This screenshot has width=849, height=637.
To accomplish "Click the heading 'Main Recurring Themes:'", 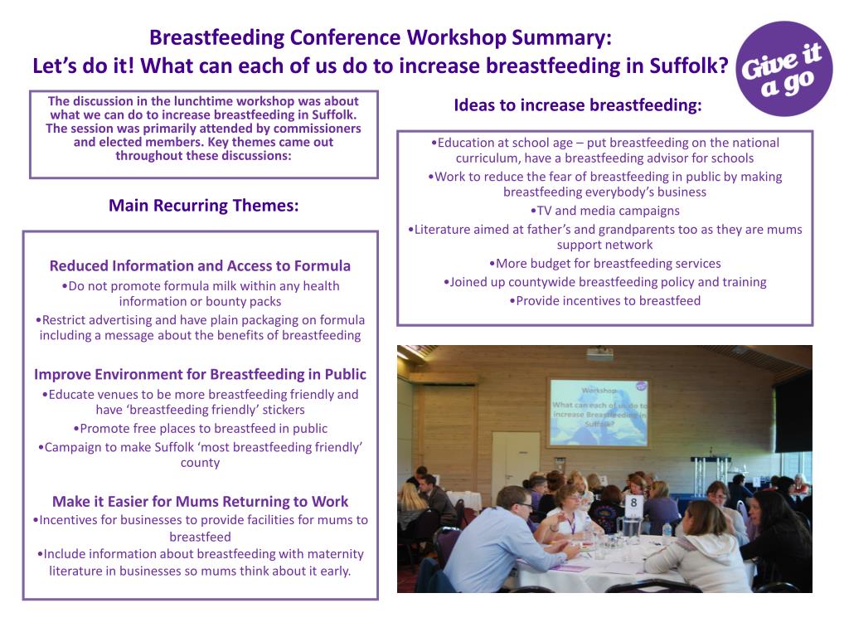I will coord(203,206).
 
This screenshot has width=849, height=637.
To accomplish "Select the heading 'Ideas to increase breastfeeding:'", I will coord(577,105).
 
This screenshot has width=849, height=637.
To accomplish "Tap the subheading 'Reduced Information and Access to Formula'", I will coord(200,266).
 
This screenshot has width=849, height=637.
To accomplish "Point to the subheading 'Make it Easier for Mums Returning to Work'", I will coord(200,502).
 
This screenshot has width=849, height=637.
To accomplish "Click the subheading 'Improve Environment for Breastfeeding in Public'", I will coord(200,374).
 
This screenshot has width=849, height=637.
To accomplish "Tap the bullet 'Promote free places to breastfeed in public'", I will coord(200,429).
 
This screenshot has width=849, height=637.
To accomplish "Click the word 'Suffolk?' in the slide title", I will coord(691,66).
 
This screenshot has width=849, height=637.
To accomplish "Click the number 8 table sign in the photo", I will coord(633,502).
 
